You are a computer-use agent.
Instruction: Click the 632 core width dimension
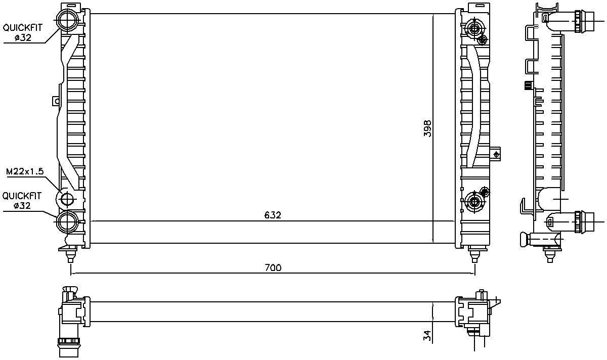[x=273, y=215]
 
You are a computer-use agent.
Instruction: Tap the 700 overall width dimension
[x=273, y=267]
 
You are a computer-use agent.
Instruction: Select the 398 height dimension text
[x=427, y=129]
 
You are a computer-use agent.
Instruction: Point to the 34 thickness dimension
[x=426, y=335]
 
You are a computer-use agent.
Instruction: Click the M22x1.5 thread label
[x=25, y=172]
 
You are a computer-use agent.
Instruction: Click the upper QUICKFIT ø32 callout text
[x=22, y=33]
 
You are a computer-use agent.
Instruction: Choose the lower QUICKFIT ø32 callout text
[x=22, y=201]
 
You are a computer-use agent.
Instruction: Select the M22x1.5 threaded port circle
[x=67, y=200]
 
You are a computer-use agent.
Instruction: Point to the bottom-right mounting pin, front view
[x=474, y=254]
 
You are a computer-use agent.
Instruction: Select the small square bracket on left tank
[x=56, y=101]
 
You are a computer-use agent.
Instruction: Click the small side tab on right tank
[x=496, y=153]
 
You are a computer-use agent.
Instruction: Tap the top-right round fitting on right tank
[x=474, y=28]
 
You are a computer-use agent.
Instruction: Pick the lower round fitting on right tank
[x=474, y=203]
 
